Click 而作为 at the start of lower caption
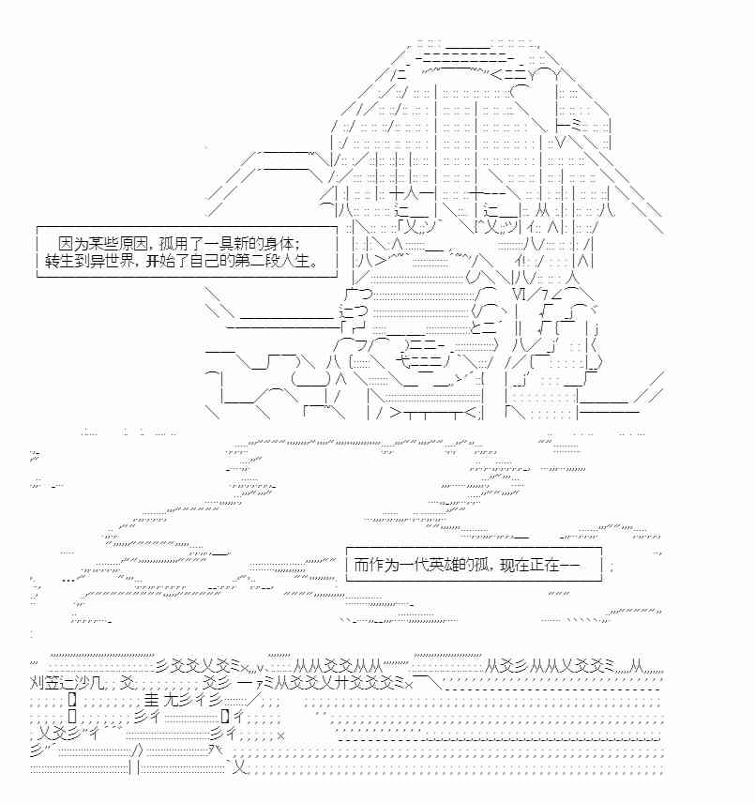370,565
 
